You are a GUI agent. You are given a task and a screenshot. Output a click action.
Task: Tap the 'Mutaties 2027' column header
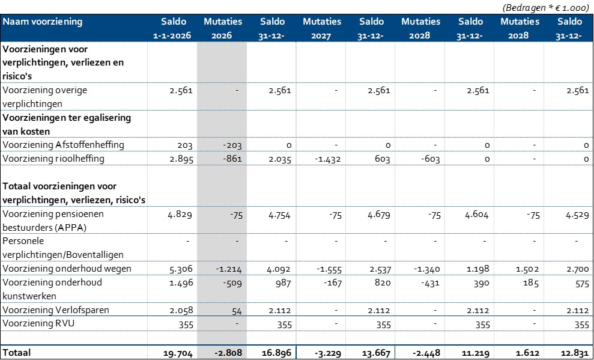(321, 28)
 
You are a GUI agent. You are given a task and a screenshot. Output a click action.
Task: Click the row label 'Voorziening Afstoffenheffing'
(63, 145)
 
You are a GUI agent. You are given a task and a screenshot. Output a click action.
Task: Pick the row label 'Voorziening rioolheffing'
(53, 159)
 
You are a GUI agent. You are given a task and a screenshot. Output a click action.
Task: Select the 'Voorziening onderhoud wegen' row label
(67, 268)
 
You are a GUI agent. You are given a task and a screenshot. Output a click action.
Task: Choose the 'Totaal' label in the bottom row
(17, 352)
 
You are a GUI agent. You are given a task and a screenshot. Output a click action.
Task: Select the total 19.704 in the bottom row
(177, 353)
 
